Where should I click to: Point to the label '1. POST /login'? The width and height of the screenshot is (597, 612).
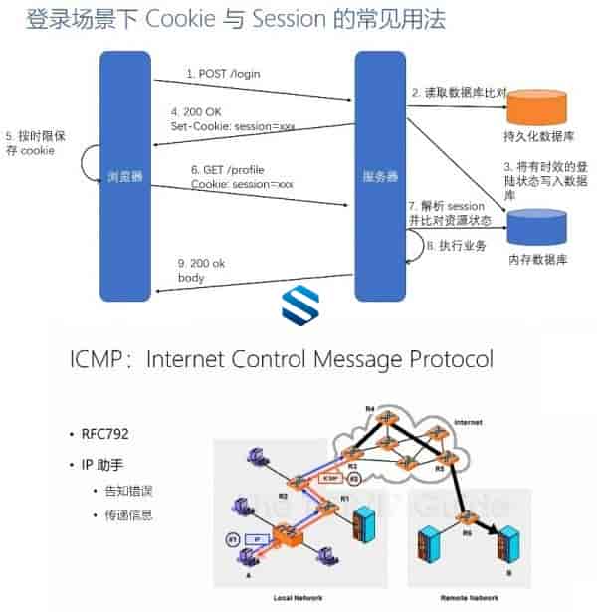(x=224, y=74)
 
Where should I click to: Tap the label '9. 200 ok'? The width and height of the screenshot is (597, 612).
(x=204, y=262)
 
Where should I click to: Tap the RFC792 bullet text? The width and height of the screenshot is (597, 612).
(x=107, y=435)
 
